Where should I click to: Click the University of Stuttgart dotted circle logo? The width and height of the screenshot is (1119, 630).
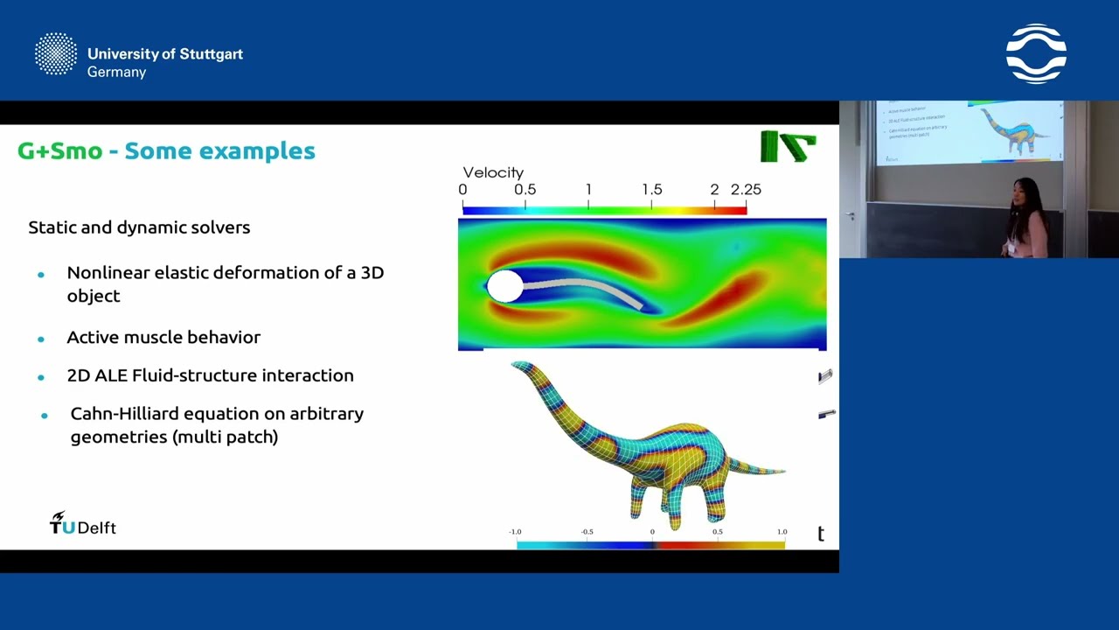(56, 54)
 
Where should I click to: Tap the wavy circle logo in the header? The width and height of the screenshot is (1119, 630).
(1036, 54)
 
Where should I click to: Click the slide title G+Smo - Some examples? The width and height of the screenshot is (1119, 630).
(166, 150)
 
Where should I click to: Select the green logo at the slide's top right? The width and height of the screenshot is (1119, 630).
(788, 146)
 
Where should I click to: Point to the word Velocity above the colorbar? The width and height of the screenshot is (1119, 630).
(493, 172)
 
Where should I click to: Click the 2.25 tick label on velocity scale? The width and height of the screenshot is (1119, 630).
(746, 189)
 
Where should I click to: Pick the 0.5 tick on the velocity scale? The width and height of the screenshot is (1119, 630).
(525, 189)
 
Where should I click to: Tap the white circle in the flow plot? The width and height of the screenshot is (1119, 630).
(504, 286)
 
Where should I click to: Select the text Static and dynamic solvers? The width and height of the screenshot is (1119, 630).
(139, 227)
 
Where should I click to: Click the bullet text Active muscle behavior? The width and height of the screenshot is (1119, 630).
(163, 337)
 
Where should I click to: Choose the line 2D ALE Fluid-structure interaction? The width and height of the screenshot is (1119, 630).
(210, 375)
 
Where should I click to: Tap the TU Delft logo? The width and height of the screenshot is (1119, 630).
(82, 524)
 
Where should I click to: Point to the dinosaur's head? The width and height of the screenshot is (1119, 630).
(522, 367)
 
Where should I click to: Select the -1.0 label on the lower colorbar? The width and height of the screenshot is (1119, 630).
(515, 531)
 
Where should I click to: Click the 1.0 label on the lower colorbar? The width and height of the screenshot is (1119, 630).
(782, 531)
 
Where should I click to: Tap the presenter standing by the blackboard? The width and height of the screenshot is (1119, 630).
(1025, 219)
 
